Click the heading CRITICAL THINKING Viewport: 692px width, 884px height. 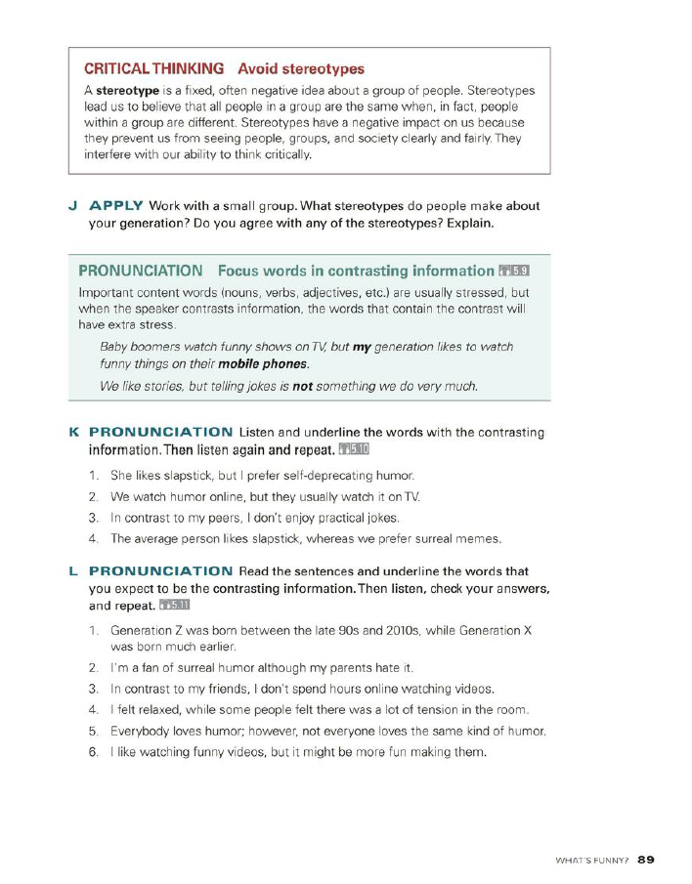[153, 69]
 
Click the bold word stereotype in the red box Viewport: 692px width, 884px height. [126, 91]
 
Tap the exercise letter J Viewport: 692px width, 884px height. [73, 206]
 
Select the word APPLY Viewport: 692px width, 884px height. [116, 206]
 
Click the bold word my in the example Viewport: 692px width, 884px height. [362, 347]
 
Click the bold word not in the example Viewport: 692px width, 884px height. [302, 386]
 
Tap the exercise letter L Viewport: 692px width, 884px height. [73, 571]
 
